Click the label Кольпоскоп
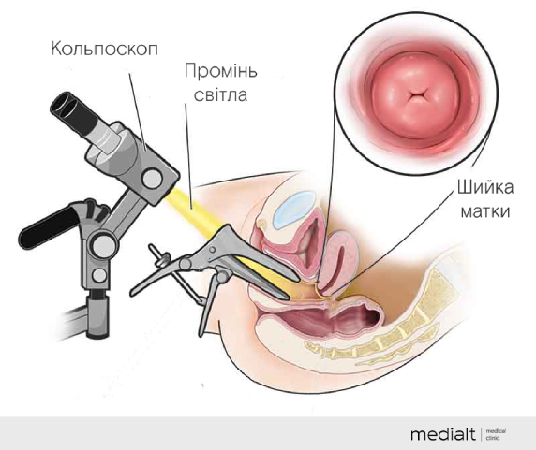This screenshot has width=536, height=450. click(105, 49)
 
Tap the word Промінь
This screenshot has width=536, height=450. click(221, 71)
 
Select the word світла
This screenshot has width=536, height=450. click(221, 94)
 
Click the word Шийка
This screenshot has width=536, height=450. click(485, 187)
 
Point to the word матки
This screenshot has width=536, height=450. click(485, 211)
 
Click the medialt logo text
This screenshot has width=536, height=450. click(442, 434)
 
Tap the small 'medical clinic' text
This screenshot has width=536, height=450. click(496, 434)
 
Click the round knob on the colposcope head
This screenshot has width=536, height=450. click(152, 179)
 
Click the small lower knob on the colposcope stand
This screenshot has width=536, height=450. click(99, 275)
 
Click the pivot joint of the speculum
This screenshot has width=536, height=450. click(186, 264)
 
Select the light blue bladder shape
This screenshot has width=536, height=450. click(294, 210)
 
